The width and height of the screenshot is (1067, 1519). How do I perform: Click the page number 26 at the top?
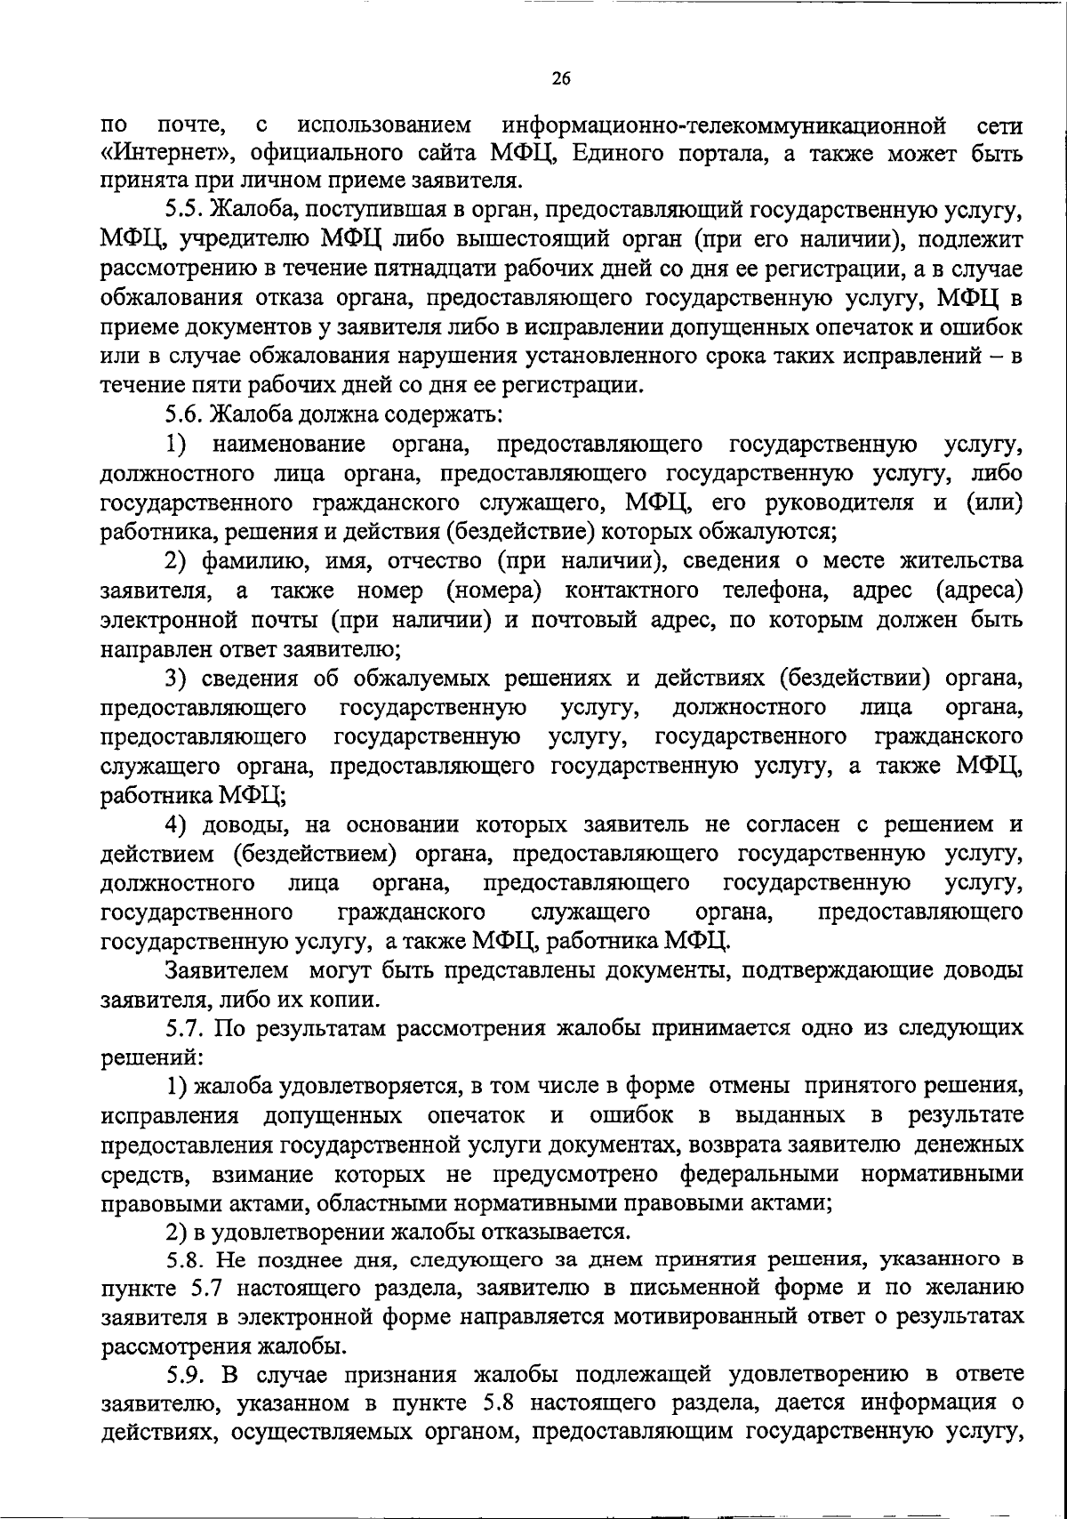[x=560, y=78]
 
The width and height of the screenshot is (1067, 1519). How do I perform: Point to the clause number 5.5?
[x=184, y=211]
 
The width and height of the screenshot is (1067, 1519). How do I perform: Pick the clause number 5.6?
[x=184, y=414]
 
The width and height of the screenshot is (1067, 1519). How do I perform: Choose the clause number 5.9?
[x=184, y=1375]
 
